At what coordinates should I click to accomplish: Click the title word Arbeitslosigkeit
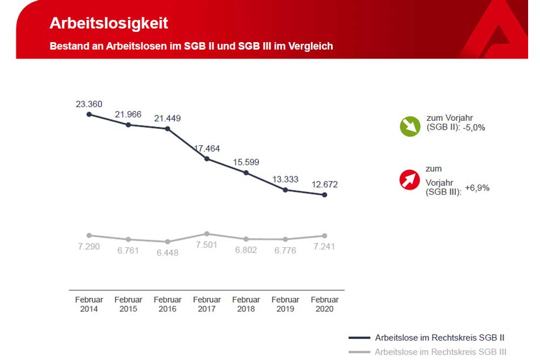tap(109, 23)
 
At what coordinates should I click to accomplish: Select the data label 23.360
tap(89, 104)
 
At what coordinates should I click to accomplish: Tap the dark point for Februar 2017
tap(207, 159)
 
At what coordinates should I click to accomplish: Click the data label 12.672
tap(325, 184)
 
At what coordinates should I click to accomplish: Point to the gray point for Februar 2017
tap(207, 234)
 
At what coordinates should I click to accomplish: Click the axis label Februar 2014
tap(89, 304)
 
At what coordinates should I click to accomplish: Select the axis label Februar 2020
tap(325, 304)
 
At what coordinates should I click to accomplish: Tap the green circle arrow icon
tap(410, 126)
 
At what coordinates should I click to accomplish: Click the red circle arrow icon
tap(410, 180)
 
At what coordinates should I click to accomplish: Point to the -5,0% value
tap(474, 128)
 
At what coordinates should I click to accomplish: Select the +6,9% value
tap(477, 188)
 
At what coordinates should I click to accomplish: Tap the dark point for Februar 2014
tap(89, 114)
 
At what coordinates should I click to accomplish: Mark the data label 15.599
tap(246, 162)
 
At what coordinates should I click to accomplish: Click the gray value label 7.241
tap(325, 247)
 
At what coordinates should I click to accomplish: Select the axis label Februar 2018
tap(246, 304)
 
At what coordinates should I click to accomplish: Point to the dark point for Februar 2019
tap(285, 190)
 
